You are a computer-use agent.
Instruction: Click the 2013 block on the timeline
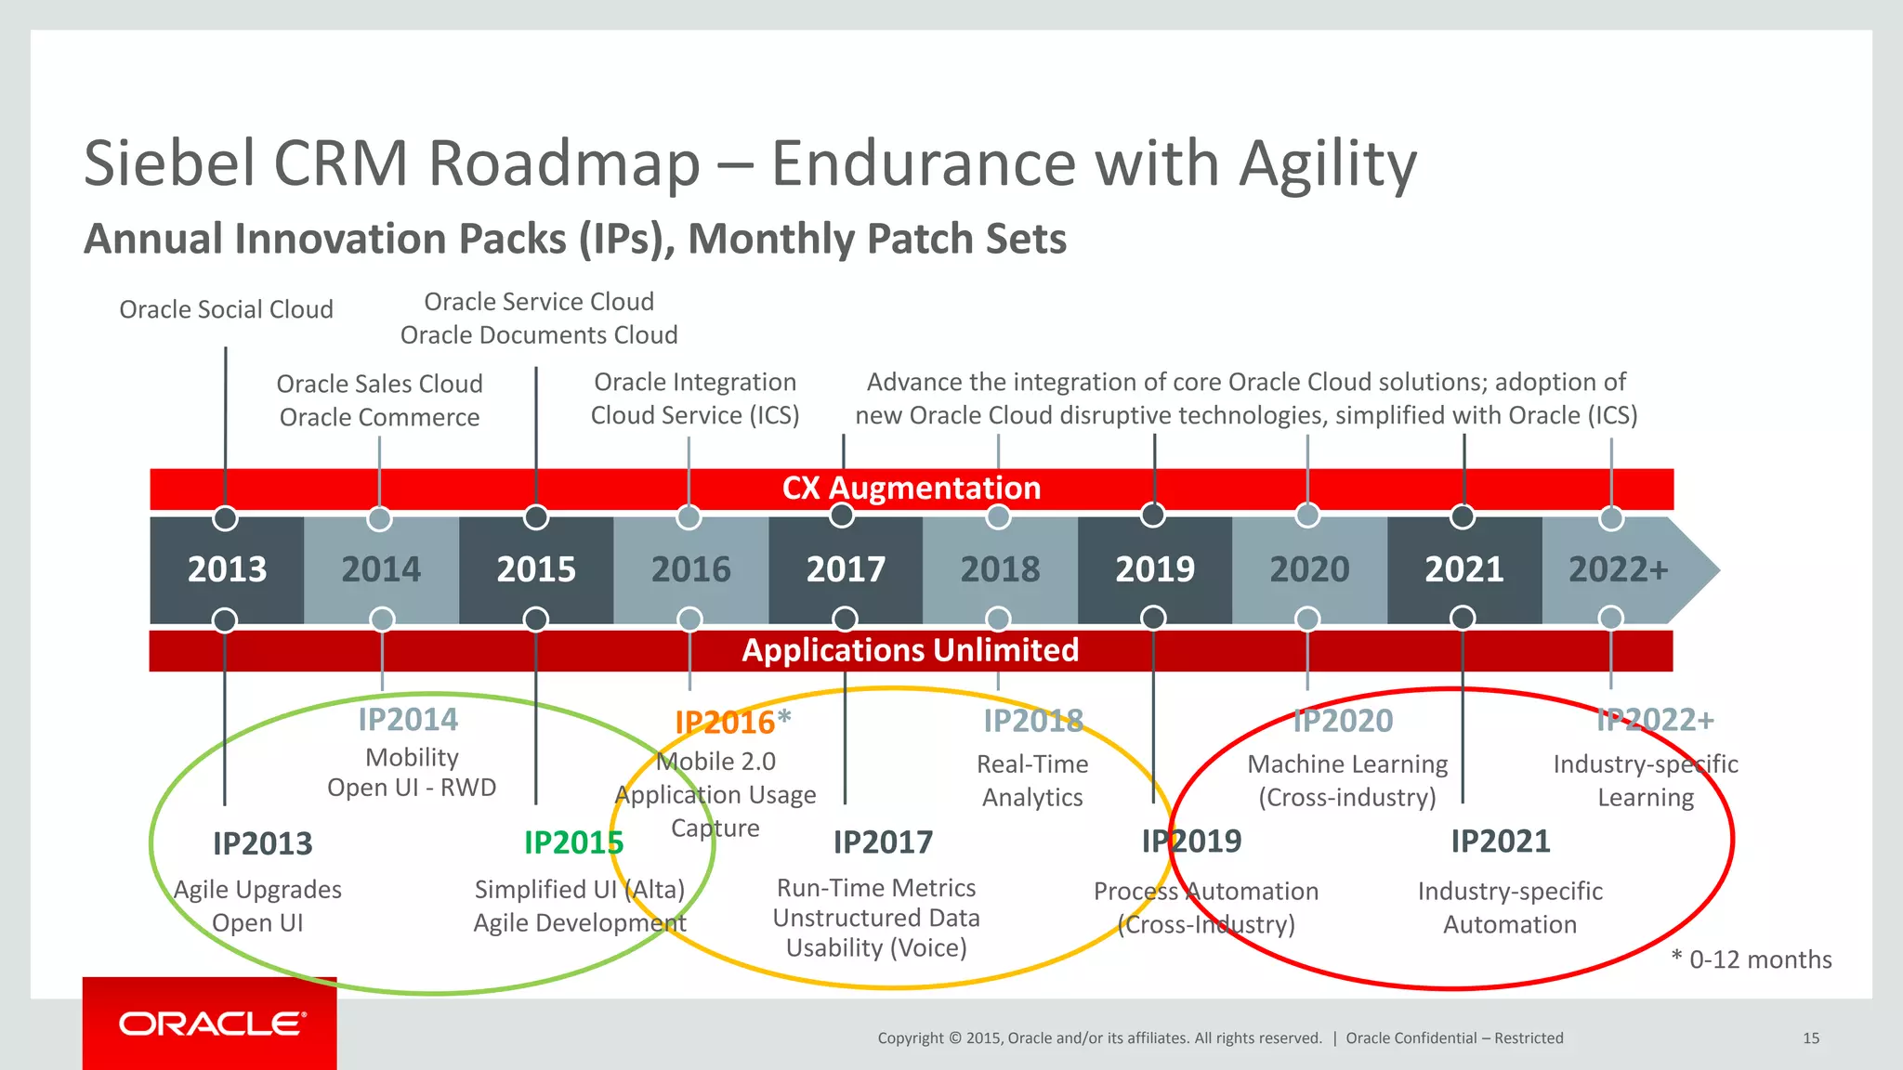coord(227,569)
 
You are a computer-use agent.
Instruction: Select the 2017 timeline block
coord(846,569)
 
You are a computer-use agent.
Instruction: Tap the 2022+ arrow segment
coord(1619,569)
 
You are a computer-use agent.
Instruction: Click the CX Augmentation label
coord(911,489)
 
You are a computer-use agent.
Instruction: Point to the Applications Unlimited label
coord(910,650)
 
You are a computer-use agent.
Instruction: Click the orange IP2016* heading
coord(732,722)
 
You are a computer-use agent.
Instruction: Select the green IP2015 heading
coord(573,842)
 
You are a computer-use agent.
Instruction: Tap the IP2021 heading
coord(1500,842)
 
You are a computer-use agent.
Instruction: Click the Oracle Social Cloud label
coord(226,309)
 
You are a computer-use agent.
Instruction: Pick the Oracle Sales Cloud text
coord(379,384)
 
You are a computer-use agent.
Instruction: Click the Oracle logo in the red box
coord(212,1024)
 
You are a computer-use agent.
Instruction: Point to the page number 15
coord(1810,1038)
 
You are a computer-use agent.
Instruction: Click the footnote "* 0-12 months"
coord(1751,959)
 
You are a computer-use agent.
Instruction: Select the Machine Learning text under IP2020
coord(1347,764)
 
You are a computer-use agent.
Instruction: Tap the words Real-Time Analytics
coord(1032,780)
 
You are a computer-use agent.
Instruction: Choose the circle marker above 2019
coord(1153,515)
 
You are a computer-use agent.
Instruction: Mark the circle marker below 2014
coord(382,620)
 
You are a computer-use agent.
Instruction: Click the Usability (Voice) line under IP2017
coord(876,948)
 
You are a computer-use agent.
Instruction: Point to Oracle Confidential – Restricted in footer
coord(1454,1038)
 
